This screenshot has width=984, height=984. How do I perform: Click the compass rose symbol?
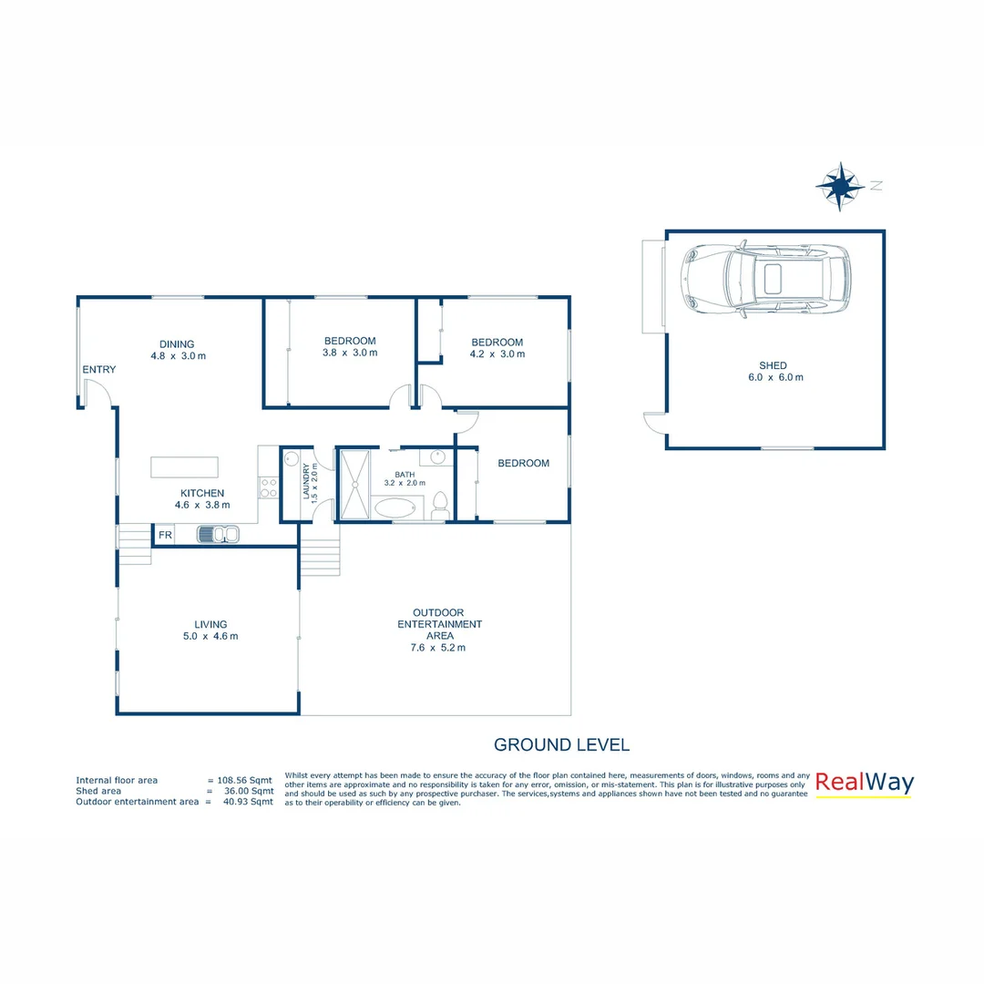click(839, 186)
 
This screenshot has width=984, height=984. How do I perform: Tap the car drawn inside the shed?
click(766, 280)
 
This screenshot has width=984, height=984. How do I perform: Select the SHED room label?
click(775, 365)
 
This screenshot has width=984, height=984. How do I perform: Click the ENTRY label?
click(99, 369)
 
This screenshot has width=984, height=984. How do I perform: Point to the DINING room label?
click(178, 343)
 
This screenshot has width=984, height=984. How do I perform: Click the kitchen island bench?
click(185, 466)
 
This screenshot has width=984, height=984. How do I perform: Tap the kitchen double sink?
click(218, 534)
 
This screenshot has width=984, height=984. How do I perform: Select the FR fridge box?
click(165, 535)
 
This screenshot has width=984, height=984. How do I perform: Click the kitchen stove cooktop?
click(269, 487)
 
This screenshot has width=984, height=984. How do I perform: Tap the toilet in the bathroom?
click(440, 504)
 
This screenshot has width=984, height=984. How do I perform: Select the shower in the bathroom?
click(354, 483)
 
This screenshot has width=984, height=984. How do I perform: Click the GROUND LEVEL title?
click(561, 744)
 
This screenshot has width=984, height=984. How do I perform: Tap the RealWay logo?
click(864, 783)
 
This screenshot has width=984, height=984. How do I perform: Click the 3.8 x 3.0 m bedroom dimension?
click(350, 353)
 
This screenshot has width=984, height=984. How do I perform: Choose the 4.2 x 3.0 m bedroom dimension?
click(497, 354)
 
